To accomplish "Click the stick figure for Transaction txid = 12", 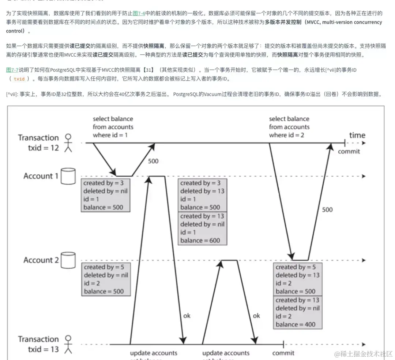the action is click(68, 142).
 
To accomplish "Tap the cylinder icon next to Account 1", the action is click(68, 176).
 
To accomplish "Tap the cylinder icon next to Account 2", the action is click(68, 260).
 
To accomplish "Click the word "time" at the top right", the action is click(357, 135).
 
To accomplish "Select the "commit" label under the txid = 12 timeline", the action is click(349, 151).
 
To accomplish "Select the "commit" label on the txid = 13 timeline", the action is click(283, 353).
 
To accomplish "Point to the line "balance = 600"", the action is click(200, 240).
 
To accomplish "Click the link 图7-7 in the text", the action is click(12, 70).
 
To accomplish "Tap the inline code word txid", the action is click(19, 79).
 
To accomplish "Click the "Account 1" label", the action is click(41, 176).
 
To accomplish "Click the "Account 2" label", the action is click(41, 260).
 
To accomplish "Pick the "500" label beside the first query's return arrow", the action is click(154, 161).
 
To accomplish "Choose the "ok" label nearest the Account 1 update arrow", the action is click(187, 315).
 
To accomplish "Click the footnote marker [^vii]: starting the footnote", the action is click(14, 94).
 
